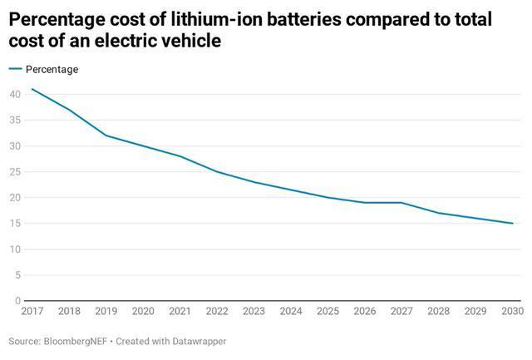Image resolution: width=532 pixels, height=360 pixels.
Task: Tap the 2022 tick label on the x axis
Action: point(217,311)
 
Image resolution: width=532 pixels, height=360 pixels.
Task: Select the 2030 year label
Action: point(513,311)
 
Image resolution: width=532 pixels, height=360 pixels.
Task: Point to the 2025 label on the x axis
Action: point(328,311)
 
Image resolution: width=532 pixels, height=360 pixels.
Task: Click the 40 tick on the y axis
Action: point(15,94)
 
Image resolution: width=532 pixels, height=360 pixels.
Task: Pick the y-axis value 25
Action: point(15,171)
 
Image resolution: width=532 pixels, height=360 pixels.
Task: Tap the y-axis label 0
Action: point(17,301)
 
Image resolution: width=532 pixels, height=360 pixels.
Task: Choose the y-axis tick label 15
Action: point(15,224)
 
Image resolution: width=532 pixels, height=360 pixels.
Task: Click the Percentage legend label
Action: point(52,70)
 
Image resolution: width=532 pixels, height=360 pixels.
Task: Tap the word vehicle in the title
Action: point(191,39)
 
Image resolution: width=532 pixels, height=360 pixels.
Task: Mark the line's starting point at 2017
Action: point(32,89)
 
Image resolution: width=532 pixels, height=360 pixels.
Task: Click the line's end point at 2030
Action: point(513,224)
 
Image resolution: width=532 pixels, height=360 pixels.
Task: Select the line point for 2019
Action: point(106,136)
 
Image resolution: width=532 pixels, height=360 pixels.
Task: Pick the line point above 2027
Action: point(401,203)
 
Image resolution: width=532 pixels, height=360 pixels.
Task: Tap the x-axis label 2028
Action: point(439,311)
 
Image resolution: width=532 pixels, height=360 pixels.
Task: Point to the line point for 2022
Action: point(217,171)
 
